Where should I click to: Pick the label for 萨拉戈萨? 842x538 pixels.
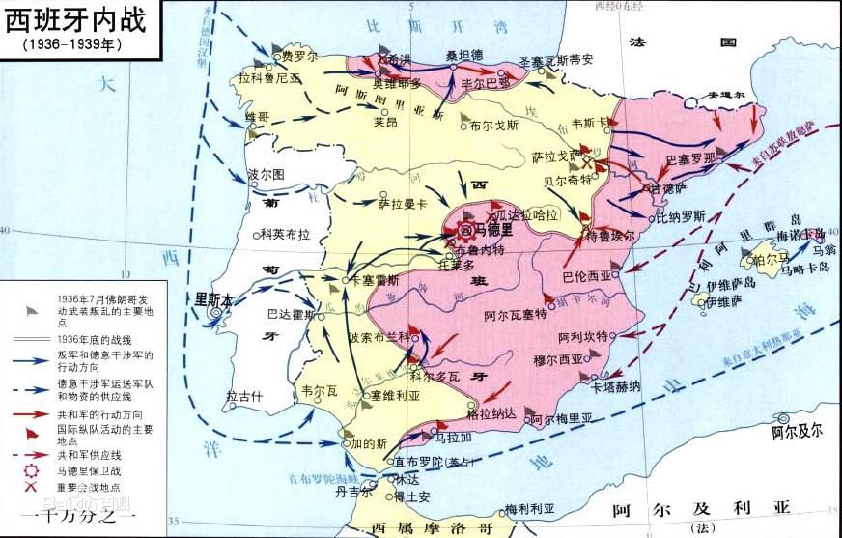555,156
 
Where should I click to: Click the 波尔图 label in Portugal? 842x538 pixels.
266,175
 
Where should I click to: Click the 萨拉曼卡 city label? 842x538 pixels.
402,203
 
